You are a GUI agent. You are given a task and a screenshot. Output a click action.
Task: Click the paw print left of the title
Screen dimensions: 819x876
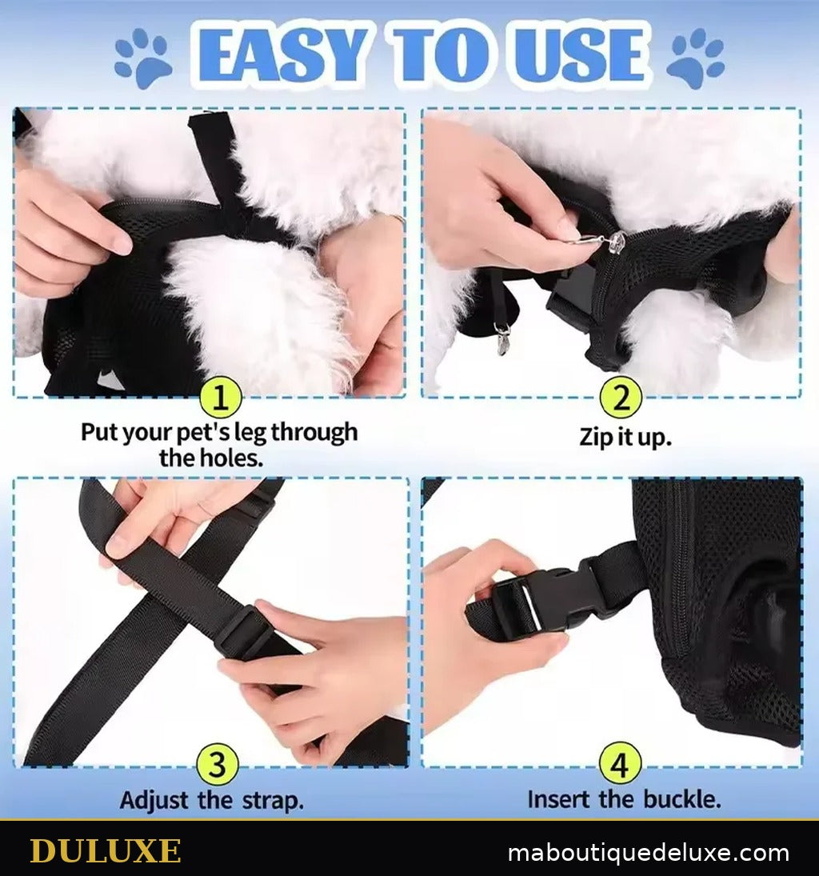tap(144, 58)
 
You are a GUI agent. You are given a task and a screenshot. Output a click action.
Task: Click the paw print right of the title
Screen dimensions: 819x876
tap(696, 58)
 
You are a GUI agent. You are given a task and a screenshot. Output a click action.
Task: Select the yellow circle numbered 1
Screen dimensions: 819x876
tap(221, 398)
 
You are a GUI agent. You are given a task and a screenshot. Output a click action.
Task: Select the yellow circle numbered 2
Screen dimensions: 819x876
tap(620, 398)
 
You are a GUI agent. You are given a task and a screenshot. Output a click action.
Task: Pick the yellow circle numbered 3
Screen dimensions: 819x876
tap(218, 763)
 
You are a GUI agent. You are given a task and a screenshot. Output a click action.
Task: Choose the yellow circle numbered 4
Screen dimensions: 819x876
tap(620, 763)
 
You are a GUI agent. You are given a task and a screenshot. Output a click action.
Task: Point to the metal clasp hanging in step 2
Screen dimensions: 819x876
tap(503, 338)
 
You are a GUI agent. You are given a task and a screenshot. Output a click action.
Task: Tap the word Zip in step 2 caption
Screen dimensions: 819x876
tap(596, 437)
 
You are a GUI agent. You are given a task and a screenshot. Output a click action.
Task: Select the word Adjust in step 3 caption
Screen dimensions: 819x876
tap(154, 800)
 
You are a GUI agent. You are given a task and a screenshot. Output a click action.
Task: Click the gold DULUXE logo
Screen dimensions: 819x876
tap(105, 851)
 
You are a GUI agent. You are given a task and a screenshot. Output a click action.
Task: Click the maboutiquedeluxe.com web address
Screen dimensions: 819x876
tap(649, 853)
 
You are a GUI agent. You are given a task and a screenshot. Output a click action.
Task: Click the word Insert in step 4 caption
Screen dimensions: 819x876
tap(560, 799)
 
